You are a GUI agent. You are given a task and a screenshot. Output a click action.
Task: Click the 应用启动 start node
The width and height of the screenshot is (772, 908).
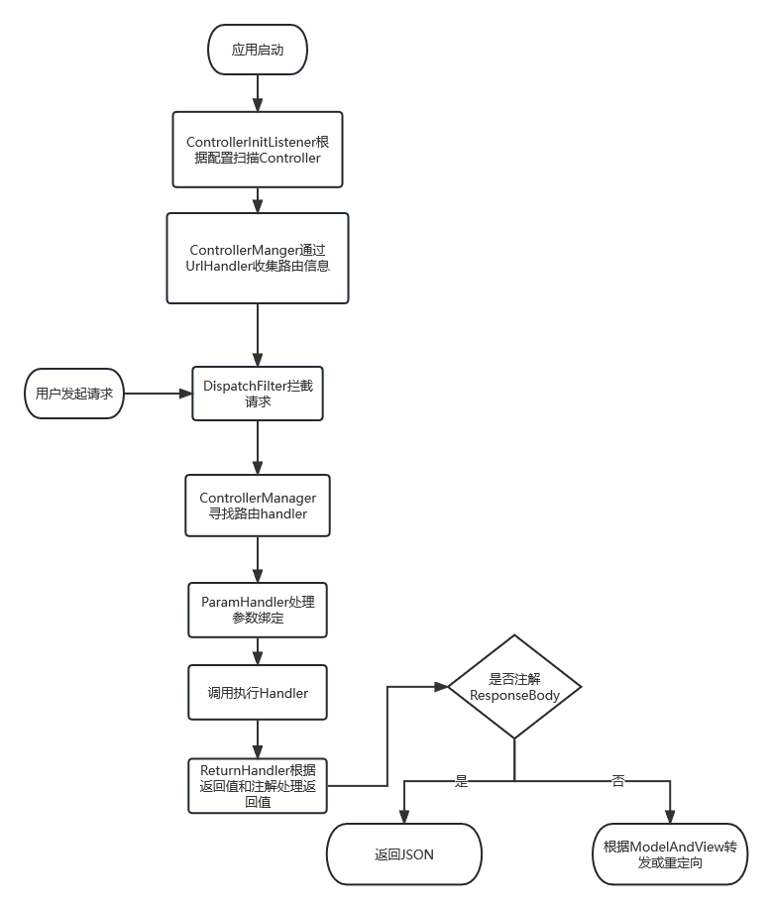point(258,50)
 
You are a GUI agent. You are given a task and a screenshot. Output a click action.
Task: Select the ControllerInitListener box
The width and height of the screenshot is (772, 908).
point(258,150)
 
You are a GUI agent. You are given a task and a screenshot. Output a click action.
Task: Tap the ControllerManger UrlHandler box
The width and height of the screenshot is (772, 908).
point(258,258)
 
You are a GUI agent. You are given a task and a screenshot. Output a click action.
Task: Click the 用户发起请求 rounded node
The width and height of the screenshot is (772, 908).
point(73,394)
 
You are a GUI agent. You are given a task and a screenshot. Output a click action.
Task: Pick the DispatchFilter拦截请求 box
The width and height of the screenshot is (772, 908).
point(258,394)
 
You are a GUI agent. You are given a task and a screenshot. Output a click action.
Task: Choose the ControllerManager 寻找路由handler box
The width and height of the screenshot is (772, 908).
point(258,505)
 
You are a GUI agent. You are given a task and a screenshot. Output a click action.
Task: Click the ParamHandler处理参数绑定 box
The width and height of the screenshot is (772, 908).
point(258,610)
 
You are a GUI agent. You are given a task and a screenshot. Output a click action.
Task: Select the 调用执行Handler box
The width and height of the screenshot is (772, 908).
point(258,693)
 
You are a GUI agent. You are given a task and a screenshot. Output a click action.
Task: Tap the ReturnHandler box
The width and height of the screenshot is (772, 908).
point(258,785)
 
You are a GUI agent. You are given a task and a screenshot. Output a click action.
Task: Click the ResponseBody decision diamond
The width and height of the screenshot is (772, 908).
point(514,687)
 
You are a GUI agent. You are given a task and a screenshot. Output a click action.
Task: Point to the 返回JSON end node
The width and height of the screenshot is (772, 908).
point(404,853)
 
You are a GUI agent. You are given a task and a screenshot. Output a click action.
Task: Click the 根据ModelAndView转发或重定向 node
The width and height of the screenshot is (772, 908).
point(670,853)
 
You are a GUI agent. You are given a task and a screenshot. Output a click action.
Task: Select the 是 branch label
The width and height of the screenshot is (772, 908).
point(461,780)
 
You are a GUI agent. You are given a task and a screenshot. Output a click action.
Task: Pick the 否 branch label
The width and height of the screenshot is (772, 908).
point(618,780)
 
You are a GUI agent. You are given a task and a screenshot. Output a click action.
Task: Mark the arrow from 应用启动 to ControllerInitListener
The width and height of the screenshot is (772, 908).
point(258,91)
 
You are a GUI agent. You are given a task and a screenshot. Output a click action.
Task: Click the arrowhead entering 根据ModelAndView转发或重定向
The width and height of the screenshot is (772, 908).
point(670,816)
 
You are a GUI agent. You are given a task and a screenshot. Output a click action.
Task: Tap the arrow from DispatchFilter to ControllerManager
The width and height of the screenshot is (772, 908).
point(258,447)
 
